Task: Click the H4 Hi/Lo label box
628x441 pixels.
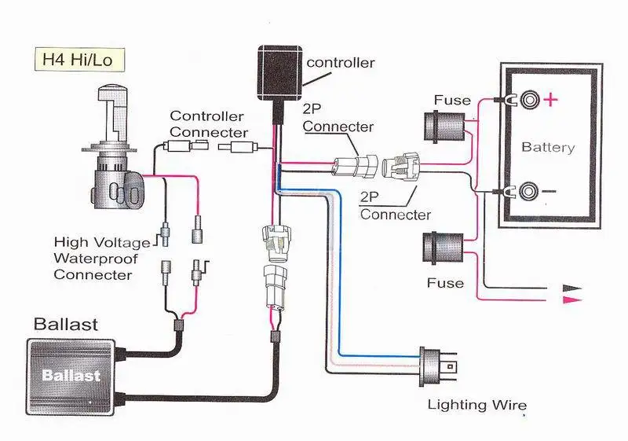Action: [x=80, y=60]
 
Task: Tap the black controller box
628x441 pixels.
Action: [x=280, y=73]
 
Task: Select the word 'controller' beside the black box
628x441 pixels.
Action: [x=341, y=63]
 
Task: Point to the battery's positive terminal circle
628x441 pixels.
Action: [x=529, y=99]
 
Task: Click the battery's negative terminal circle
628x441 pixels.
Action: [x=528, y=191]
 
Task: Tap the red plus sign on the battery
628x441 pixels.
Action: [x=551, y=99]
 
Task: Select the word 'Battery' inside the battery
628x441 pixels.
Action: [x=548, y=147]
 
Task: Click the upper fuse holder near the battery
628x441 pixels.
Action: [x=444, y=127]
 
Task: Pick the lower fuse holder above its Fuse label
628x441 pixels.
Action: [x=444, y=248]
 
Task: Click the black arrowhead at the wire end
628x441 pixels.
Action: [x=572, y=288]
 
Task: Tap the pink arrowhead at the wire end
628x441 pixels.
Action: [x=572, y=300]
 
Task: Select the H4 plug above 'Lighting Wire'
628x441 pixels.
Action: [x=436, y=367]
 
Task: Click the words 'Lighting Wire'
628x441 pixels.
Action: [x=477, y=405]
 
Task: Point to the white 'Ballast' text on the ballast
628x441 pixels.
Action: [x=71, y=375]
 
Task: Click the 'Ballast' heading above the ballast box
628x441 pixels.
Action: [x=66, y=325]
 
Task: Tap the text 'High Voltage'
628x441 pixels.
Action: [x=102, y=242]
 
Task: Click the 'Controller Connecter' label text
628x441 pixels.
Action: [x=209, y=124]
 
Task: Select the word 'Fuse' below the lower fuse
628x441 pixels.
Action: [x=445, y=283]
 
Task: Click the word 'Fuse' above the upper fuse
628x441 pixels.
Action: [x=452, y=100]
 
